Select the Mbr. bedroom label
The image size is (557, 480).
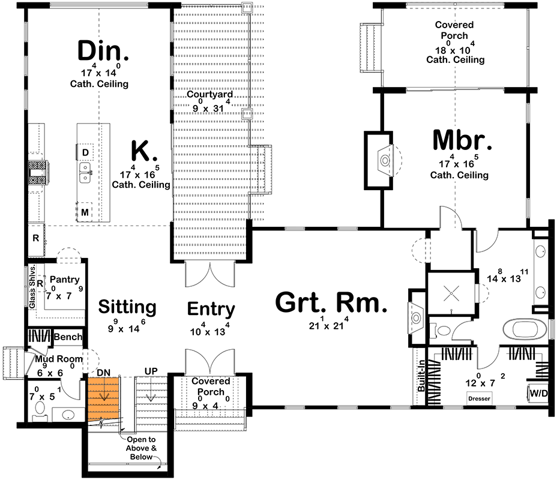coord(462,140)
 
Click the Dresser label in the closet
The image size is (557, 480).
coord(478,398)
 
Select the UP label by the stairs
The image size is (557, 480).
coord(151,371)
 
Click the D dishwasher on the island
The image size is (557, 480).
coord(85,152)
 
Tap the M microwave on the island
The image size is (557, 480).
coord(85,212)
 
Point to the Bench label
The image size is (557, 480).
coord(68,337)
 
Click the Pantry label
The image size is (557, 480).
coord(65,280)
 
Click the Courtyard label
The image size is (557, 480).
coord(209,95)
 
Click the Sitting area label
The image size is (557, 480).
coord(127,307)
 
